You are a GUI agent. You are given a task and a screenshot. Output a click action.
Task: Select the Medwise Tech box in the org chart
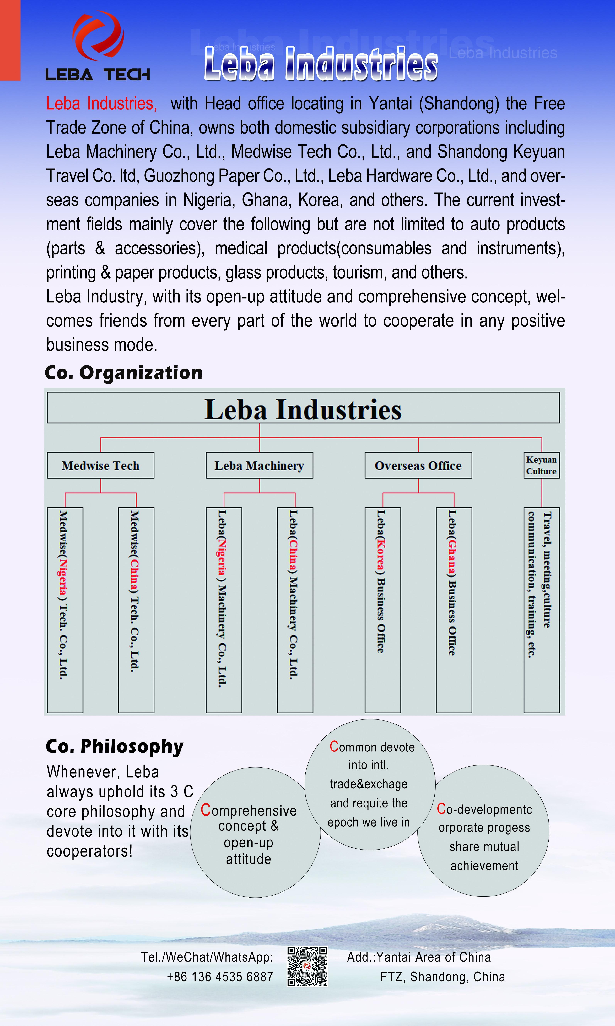point(101,465)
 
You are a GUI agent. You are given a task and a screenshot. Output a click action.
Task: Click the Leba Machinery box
point(259,465)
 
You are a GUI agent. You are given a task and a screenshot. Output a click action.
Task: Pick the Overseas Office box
point(418,465)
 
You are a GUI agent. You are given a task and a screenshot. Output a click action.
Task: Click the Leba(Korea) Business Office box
point(382,610)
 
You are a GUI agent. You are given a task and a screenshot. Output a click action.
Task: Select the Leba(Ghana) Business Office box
point(454,610)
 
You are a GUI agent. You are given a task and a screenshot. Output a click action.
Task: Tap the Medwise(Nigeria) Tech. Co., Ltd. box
point(65,610)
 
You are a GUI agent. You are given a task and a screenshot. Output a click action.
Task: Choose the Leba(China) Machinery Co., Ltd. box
point(295,610)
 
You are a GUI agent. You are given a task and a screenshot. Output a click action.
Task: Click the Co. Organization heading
point(123,372)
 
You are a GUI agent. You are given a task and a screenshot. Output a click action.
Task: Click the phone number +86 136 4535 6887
point(220,977)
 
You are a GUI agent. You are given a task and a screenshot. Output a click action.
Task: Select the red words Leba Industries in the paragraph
point(101,103)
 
